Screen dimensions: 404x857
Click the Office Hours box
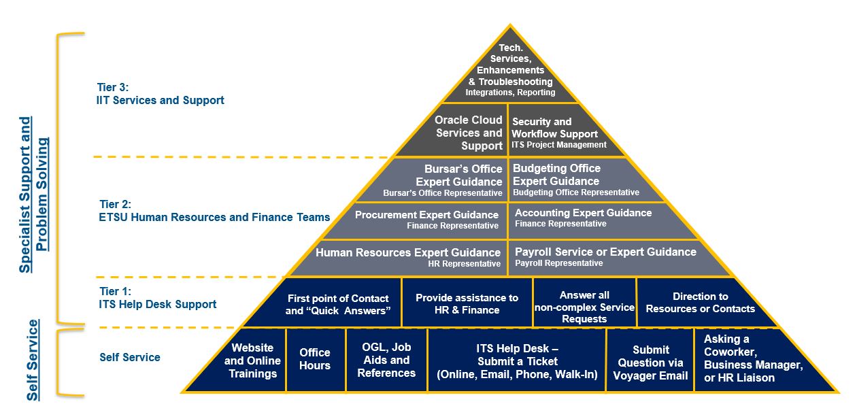[x=315, y=359]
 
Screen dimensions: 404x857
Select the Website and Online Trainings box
[x=252, y=360]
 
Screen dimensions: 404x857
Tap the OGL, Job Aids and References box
[x=386, y=360]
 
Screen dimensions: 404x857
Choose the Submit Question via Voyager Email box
[x=650, y=363]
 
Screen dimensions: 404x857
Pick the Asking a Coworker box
[x=753, y=358]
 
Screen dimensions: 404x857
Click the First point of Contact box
[x=337, y=304]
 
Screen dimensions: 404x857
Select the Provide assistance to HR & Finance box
[x=467, y=304]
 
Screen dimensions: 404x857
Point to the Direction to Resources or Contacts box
[x=700, y=303]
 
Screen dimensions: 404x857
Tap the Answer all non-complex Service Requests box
[x=584, y=307]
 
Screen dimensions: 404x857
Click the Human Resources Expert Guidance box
[x=408, y=257]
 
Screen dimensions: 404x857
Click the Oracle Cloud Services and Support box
[x=469, y=133]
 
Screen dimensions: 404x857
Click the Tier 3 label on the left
[x=160, y=94]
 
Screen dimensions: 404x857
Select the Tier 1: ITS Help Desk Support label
[x=158, y=298]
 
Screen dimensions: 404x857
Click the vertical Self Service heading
[x=33, y=360]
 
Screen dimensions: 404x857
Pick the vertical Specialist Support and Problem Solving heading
[x=33, y=195]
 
